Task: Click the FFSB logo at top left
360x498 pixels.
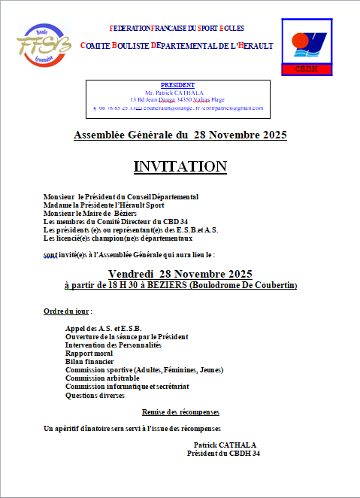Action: (44, 46)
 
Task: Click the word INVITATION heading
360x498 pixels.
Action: (180, 165)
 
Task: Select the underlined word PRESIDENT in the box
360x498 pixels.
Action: (177, 85)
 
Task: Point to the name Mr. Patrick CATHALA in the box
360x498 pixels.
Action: (177, 92)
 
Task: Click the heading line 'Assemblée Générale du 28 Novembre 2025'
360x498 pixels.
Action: (180, 135)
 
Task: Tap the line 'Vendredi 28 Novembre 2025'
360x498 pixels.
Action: (180, 273)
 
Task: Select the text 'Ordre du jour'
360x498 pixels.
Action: (67, 311)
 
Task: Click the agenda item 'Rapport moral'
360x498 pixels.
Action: (89, 353)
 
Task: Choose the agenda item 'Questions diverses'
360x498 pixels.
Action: (95, 394)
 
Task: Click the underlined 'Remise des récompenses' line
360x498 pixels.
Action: (180, 412)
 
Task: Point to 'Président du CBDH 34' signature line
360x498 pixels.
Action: (223, 454)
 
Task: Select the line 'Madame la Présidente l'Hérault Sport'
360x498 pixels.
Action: (104, 205)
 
